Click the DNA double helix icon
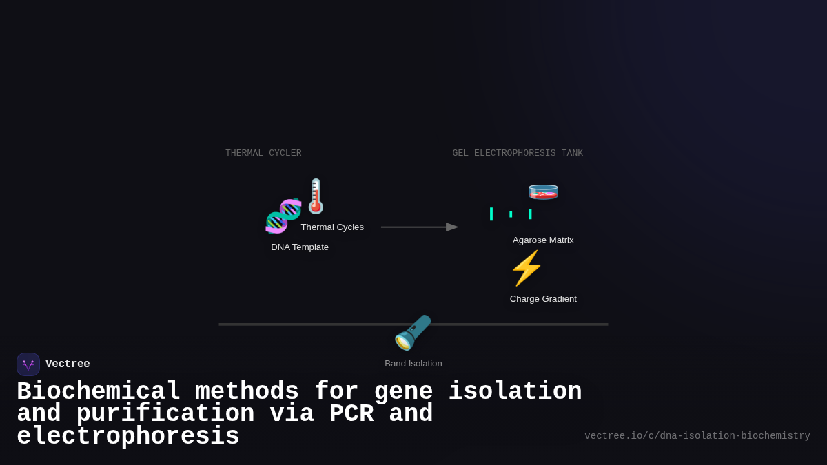283,216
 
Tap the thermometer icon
316,196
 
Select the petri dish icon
543,192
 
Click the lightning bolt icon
527,268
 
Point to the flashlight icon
412,333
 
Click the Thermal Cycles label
332,227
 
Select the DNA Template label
300,247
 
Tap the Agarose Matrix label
543,240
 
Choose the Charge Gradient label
543,299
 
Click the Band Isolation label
413,364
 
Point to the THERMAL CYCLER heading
263,153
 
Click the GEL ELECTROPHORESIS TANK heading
518,153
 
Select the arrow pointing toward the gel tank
420,227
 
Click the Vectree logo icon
28,364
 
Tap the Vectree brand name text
68,364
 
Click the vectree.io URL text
697,436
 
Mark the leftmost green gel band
491,214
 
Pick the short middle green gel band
511,214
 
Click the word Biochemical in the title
99,392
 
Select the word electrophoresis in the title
128,437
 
